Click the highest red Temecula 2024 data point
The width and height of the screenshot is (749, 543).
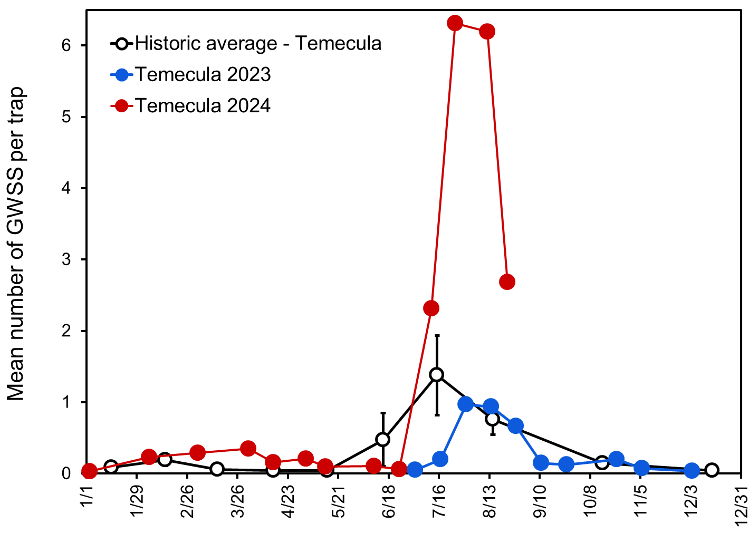pos(455,23)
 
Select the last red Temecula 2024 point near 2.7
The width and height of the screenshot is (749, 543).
pos(507,282)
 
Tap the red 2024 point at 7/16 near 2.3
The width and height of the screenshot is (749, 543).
pos(431,308)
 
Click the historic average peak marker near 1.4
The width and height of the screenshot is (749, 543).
pos(436,375)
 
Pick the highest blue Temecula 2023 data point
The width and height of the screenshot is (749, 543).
pos(466,404)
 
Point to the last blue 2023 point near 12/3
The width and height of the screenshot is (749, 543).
pos(692,471)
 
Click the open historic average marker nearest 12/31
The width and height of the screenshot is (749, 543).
pos(712,470)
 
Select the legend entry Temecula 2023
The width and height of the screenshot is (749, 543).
pos(203,75)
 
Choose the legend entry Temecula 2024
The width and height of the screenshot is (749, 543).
pos(203,106)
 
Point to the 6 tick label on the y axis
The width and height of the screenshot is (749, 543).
pos(66,46)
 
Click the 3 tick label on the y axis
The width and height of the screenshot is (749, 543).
pos(66,260)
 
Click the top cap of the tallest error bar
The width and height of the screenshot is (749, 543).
pos(437,335)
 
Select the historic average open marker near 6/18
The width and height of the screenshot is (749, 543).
pos(383,440)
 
